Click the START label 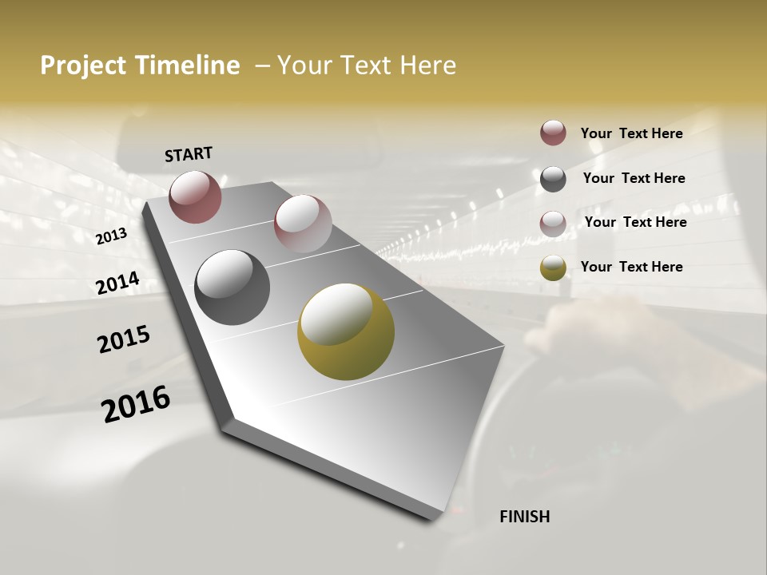189,154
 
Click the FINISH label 524,517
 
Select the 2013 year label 111,236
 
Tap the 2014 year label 117,284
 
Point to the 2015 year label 124,339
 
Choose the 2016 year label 136,403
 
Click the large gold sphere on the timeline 346,331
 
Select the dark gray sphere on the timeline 232,287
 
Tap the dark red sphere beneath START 195,196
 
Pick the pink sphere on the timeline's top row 303,224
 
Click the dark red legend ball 553,133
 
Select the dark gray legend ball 553,178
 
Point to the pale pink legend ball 553,223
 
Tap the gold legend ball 553,268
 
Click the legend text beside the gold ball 631,267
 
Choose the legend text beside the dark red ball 631,133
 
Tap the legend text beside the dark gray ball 634,178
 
